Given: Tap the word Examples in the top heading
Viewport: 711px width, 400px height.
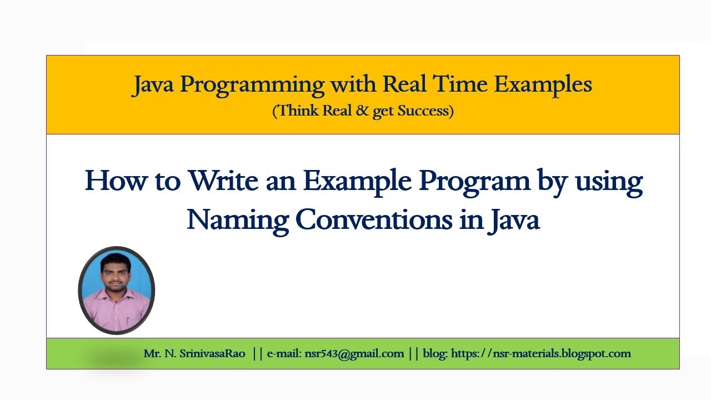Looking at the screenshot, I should tap(543, 84).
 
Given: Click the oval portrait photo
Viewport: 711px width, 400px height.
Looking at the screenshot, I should tap(117, 290).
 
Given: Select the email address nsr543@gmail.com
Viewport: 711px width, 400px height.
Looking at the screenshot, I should tap(354, 354).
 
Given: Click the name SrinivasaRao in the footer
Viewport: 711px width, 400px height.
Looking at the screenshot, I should tap(212, 354).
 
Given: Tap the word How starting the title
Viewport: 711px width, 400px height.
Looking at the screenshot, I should tap(114, 181).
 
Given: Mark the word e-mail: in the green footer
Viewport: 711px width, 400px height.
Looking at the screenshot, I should tap(284, 354).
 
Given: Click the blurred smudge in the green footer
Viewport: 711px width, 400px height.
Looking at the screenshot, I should tap(114, 359).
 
